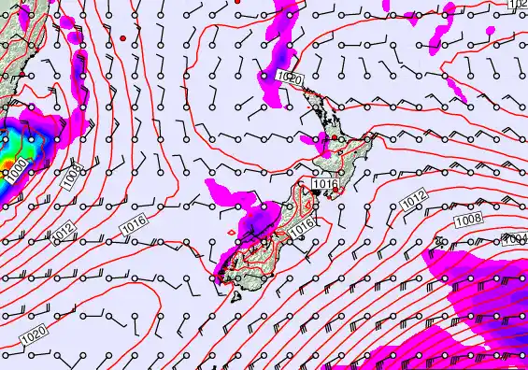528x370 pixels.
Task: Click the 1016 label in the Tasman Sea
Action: pyautogui.click(x=134, y=225)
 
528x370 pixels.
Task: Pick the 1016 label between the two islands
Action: pyautogui.click(x=324, y=185)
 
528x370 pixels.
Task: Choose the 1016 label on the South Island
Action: pyautogui.click(x=301, y=225)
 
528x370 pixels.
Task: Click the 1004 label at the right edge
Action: pyautogui.click(x=516, y=239)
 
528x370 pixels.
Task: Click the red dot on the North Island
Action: pyautogui.click(x=335, y=138)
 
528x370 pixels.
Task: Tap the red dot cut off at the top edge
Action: pyautogui.click(x=237, y=2)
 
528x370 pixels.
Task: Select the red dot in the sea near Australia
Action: pyautogui.click(x=122, y=37)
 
